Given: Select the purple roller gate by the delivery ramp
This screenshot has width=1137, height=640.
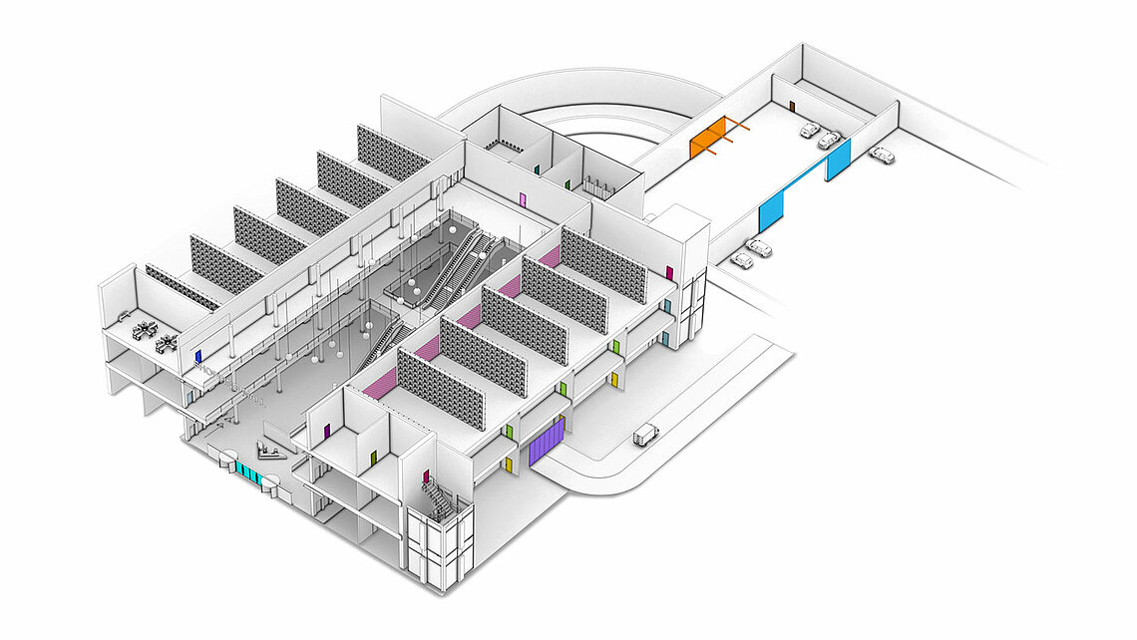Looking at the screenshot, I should [547, 441].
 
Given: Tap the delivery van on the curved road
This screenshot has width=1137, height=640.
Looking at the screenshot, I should [646, 434].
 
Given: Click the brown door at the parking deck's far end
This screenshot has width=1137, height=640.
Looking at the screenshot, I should [792, 105].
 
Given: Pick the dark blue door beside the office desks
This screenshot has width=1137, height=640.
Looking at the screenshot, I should [198, 354].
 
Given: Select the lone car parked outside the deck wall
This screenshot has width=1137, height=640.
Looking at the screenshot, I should [881, 155].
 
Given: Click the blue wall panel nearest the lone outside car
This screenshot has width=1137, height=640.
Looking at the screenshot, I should [838, 160].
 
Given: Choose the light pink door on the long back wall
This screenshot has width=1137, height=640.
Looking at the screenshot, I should [523, 199].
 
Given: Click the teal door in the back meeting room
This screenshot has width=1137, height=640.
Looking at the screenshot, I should [538, 170].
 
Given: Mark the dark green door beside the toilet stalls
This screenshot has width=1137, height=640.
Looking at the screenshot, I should [568, 183].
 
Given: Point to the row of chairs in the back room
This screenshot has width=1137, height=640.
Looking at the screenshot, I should [504, 147].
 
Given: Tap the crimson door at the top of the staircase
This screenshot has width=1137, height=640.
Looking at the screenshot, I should [426, 477].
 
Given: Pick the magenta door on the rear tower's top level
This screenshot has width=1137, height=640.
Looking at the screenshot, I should [670, 272].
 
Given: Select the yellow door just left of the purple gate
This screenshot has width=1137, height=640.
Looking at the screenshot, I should [509, 464].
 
